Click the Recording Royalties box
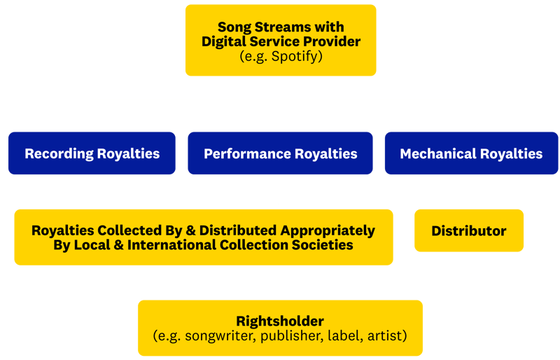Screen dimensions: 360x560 [92, 153]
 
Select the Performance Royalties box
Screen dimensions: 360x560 [280, 153]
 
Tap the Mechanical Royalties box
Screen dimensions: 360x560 [471, 153]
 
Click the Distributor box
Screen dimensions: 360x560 [469, 230]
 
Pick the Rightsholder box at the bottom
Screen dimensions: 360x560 [280, 328]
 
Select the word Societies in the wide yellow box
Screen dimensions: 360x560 [318, 245]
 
